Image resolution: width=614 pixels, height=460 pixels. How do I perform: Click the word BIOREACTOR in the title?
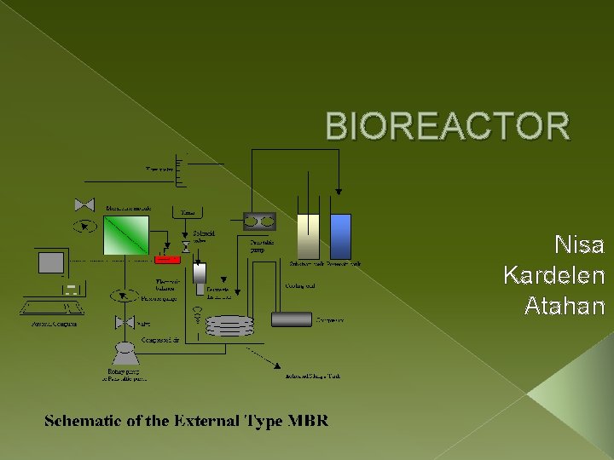coord(448,127)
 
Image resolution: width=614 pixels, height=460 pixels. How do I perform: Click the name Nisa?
coord(579,246)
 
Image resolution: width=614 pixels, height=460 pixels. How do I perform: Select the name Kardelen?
coord(554,276)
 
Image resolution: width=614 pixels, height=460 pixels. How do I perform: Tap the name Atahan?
coord(565,306)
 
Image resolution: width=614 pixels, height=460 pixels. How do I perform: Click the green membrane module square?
coord(126,235)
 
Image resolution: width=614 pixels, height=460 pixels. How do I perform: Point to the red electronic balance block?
coord(167,259)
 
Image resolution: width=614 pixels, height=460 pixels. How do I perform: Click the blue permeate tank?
coord(340,236)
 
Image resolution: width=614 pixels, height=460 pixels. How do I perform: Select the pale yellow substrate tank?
coord(308,236)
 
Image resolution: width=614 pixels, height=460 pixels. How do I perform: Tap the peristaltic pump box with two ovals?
coord(259,221)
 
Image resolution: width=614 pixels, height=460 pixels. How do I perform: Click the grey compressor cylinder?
coord(292,319)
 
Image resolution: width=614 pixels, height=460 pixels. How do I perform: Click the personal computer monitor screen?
coord(50,262)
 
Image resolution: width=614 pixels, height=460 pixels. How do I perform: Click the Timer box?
coord(188,211)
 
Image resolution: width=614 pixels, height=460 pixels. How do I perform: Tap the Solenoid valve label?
coord(204,236)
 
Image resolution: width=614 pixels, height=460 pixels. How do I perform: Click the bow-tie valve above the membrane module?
coord(84,205)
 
